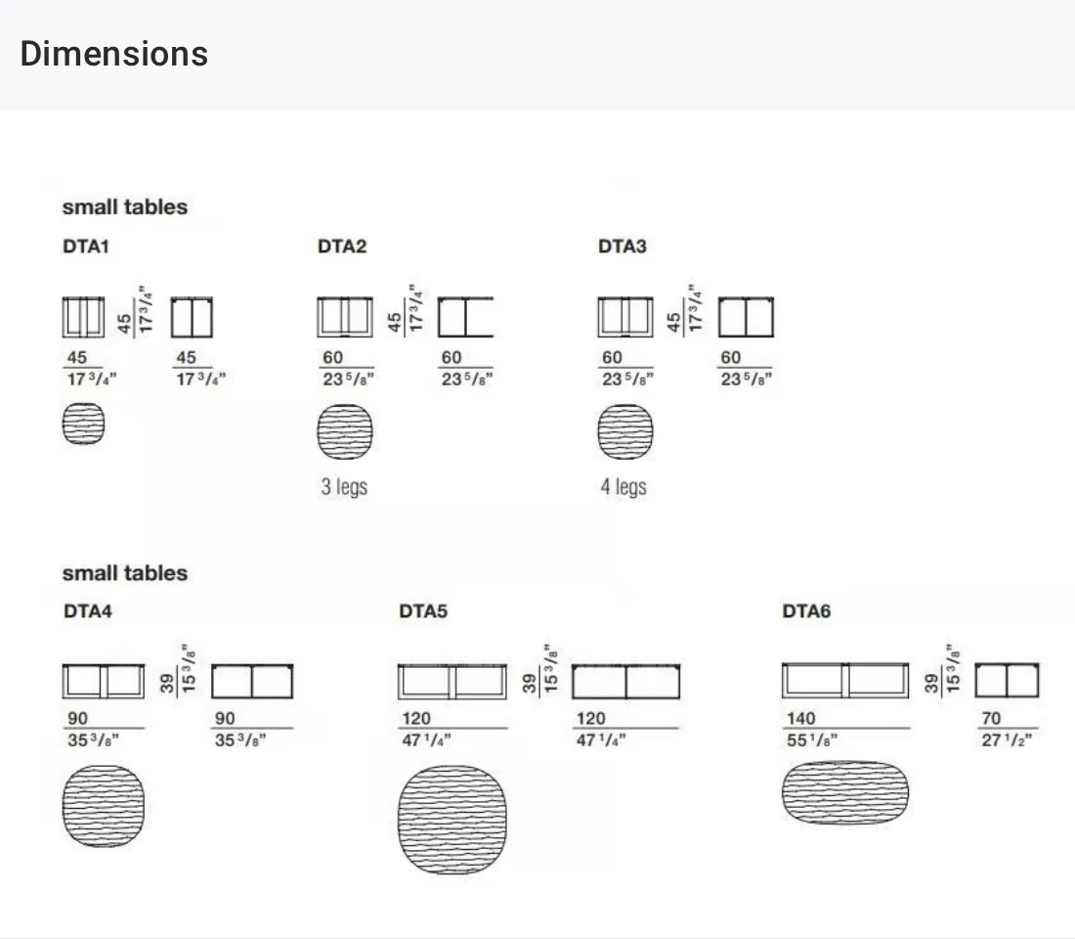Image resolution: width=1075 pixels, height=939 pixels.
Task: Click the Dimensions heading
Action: [113, 54]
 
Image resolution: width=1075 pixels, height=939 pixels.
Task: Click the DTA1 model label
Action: [86, 246]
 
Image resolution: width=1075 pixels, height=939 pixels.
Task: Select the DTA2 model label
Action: [342, 246]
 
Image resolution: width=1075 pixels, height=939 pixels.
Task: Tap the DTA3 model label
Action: [623, 246]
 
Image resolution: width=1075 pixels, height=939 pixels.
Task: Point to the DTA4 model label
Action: [88, 611]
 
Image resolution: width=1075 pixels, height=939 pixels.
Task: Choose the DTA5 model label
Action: [423, 611]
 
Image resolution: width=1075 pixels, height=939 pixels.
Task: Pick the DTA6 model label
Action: [806, 611]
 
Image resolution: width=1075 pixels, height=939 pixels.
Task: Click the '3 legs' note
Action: [344, 487]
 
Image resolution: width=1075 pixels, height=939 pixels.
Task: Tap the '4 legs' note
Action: [623, 487]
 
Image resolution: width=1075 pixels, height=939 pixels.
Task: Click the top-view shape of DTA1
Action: [84, 424]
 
